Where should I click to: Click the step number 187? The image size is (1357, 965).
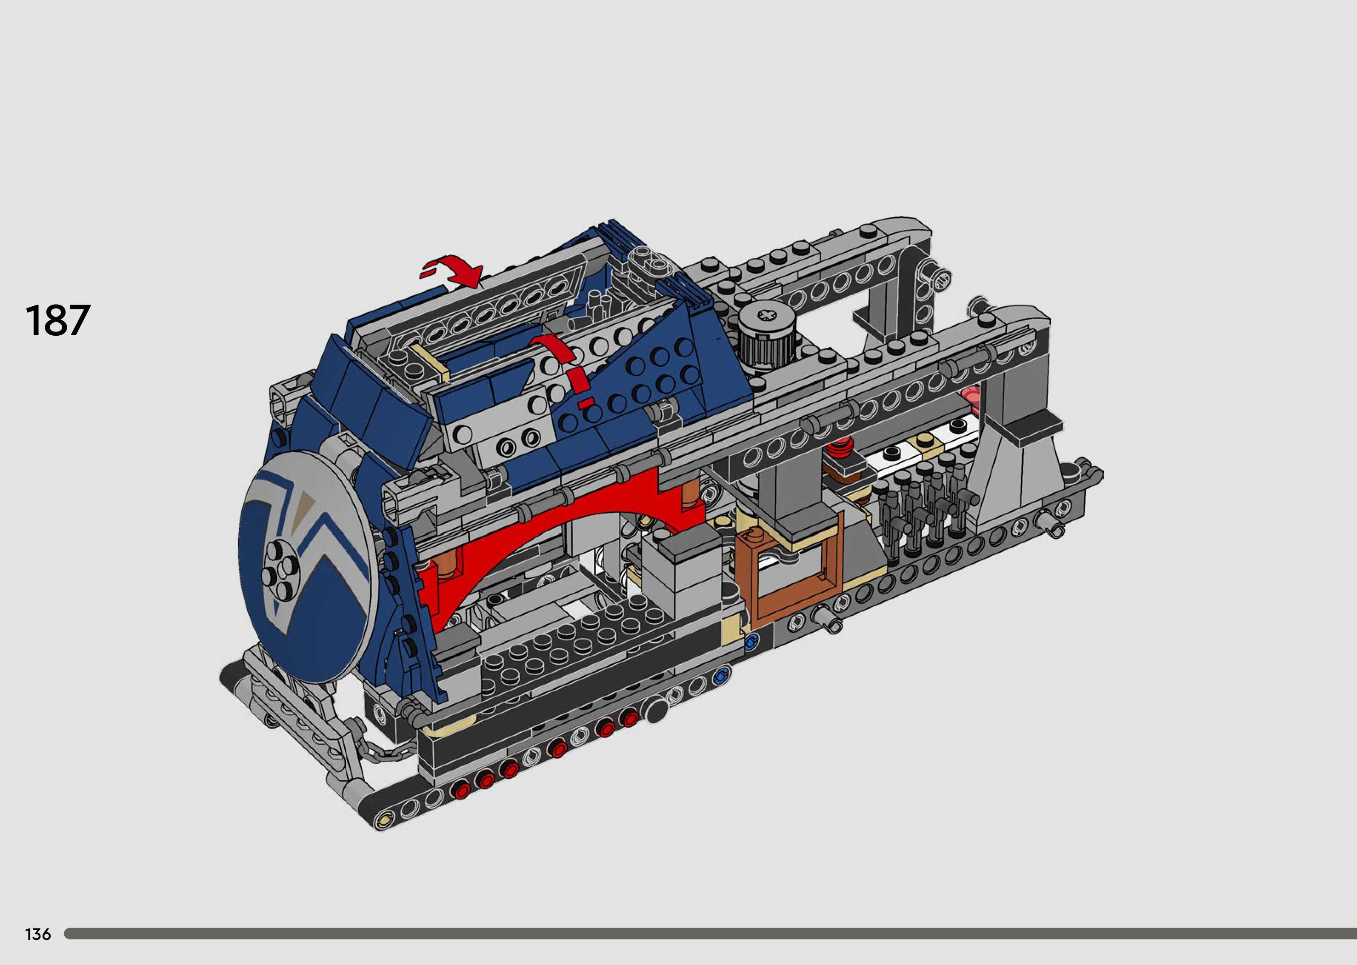pyautogui.click(x=57, y=320)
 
